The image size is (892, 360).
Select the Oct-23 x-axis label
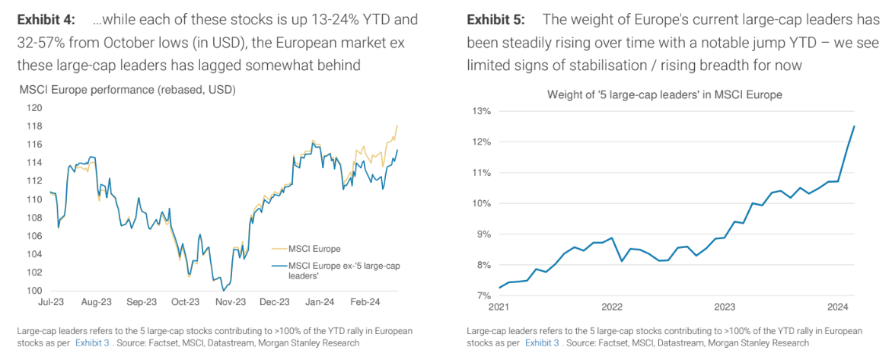click(185, 302)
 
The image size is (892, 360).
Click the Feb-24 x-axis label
click(365, 302)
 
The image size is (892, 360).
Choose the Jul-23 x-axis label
click(51, 302)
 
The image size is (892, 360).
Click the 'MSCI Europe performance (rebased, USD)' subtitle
click(127, 90)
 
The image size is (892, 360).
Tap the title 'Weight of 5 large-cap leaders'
click(664, 95)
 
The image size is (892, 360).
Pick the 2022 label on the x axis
click(612, 307)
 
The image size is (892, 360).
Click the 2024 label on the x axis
click(837, 307)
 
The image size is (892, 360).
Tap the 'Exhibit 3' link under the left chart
click(93, 343)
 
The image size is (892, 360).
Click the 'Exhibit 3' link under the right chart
click(542, 343)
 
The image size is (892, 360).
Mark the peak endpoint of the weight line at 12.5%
click(855, 126)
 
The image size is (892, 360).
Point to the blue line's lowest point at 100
click(223, 290)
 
